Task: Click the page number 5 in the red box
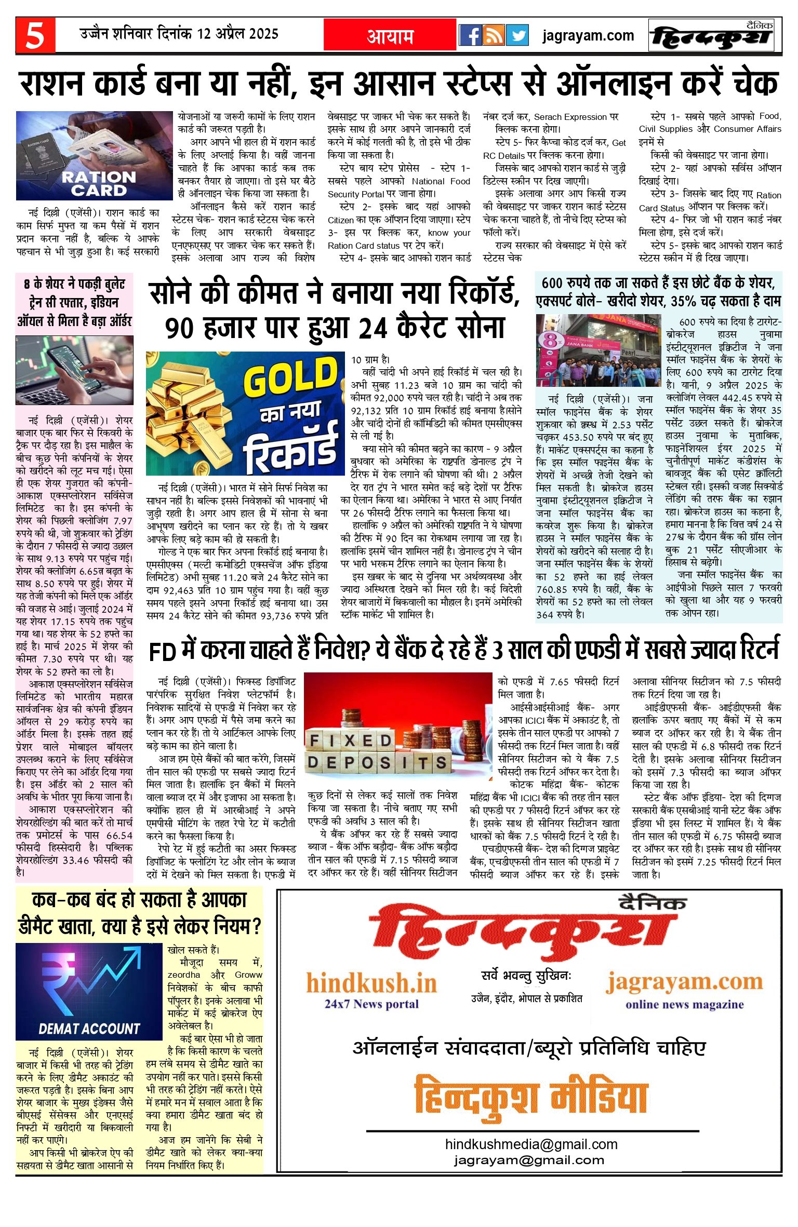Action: (x=35, y=35)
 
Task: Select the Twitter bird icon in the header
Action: (x=517, y=35)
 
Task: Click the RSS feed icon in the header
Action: (x=494, y=35)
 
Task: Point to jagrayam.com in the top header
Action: (x=588, y=35)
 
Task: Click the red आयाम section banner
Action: (x=390, y=35)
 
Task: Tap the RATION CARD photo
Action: (x=94, y=155)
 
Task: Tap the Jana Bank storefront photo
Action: (x=594, y=350)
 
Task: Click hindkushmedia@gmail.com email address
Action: (x=531, y=1144)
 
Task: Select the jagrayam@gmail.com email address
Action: (x=529, y=1160)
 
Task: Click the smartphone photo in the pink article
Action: (x=74, y=370)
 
